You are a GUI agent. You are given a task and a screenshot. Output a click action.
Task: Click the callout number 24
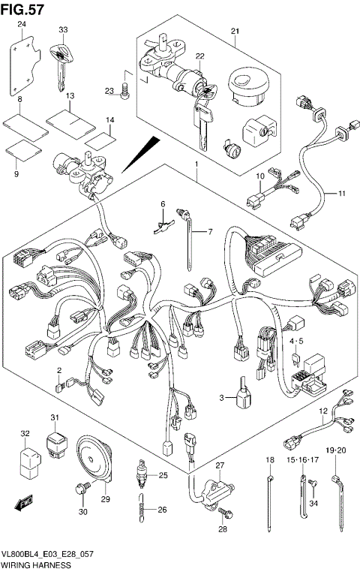click(x=22, y=25)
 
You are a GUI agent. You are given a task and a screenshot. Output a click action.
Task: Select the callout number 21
click(x=233, y=31)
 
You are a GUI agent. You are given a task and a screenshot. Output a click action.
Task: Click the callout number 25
click(x=163, y=476)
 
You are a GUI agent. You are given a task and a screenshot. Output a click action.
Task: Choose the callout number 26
click(x=163, y=510)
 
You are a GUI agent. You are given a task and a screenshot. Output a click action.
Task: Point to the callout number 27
click(x=220, y=466)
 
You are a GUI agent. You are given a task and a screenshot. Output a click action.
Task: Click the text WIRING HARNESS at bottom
click(x=36, y=565)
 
